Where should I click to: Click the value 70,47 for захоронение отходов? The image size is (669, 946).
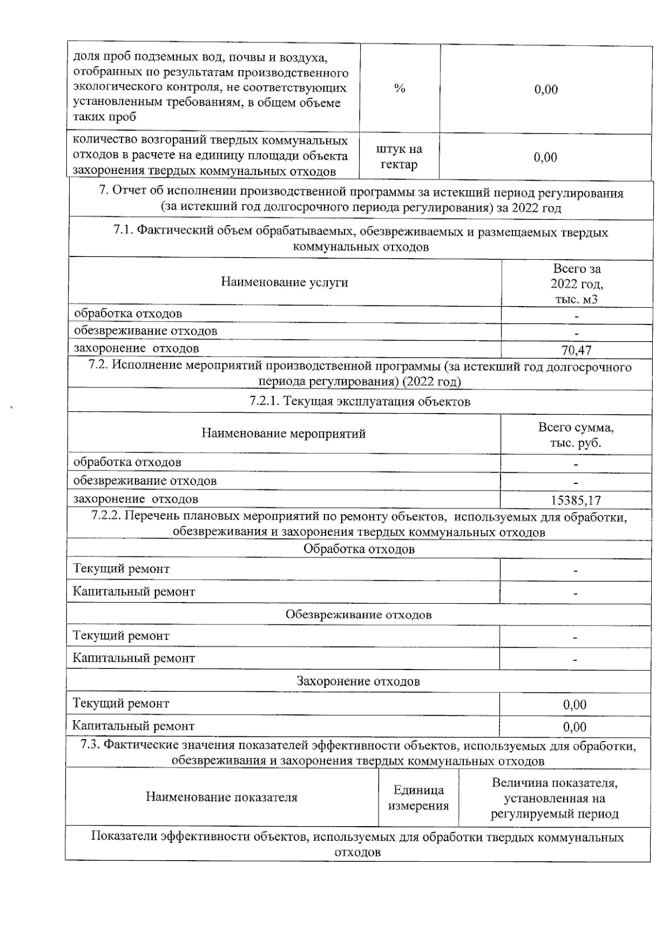pyautogui.click(x=576, y=350)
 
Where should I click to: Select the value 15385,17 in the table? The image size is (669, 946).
pyautogui.click(x=576, y=500)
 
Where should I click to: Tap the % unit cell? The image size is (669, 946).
pyautogui.click(x=399, y=89)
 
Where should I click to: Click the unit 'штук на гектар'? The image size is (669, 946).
pyautogui.click(x=399, y=157)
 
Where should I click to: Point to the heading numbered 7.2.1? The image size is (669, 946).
pyautogui.click(x=360, y=401)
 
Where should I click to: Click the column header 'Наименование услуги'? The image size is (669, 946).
pyautogui.click(x=284, y=282)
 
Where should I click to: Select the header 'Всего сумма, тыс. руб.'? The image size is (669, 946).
pyautogui.click(x=576, y=435)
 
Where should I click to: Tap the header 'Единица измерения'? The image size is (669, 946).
pyautogui.click(x=418, y=797)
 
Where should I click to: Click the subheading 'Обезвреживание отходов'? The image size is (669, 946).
pyautogui.click(x=358, y=614)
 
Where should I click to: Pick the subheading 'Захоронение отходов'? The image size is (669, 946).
pyautogui.click(x=358, y=681)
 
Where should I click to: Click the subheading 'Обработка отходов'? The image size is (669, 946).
pyautogui.click(x=359, y=549)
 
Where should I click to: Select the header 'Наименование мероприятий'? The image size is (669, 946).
pyautogui.click(x=283, y=434)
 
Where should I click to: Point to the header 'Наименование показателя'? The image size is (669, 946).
pyautogui.click(x=221, y=797)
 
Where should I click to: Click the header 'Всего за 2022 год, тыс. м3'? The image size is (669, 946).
pyautogui.click(x=576, y=283)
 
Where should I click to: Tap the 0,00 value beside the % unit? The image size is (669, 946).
pyautogui.click(x=546, y=89)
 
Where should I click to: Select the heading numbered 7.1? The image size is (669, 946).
pyautogui.click(x=361, y=239)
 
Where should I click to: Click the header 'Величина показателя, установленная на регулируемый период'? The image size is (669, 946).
pyautogui.click(x=554, y=798)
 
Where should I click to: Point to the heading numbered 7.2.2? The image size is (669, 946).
pyautogui.click(x=359, y=524)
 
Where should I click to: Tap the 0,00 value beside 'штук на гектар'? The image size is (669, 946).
pyautogui.click(x=545, y=157)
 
